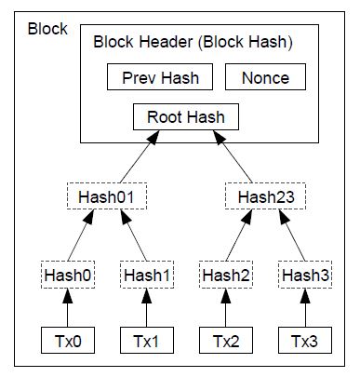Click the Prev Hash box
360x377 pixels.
tap(160, 77)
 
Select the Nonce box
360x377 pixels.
tap(265, 77)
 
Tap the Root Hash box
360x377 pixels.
tap(186, 116)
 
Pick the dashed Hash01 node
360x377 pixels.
tap(107, 196)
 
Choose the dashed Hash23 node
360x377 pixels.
tap(265, 196)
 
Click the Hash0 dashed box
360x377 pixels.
tap(68, 275)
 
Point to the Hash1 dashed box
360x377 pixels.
tap(147, 275)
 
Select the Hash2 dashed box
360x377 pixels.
tap(226, 275)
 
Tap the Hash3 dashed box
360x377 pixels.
tap(305, 275)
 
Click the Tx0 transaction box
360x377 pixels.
tap(68, 340)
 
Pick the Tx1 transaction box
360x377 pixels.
tap(147, 340)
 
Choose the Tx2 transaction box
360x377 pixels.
tap(226, 340)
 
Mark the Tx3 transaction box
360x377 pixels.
tap(305, 340)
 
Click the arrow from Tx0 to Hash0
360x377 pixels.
tap(68, 308)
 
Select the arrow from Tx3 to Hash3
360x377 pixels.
tap(305, 308)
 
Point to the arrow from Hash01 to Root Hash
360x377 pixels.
tap(140, 156)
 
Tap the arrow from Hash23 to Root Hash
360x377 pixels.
tap(233, 156)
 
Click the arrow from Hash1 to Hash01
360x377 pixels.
tap(134, 236)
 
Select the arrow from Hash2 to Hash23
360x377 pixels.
tap(239, 236)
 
